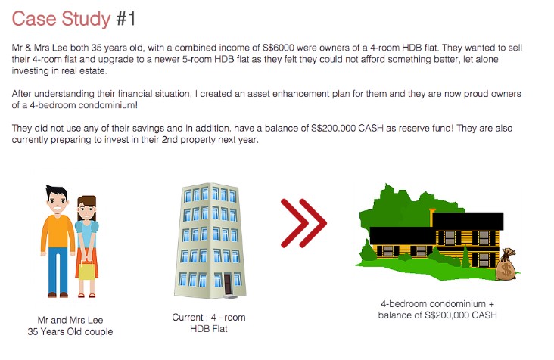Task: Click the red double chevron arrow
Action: (x=303, y=223)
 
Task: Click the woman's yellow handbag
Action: (x=87, y=270)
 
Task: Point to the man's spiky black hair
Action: (x=56, y=192)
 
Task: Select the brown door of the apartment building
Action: (x=227, y=284)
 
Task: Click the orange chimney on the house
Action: (x=431, y=217)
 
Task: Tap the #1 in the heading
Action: (x=126, y=19)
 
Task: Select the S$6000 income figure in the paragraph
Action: (x=279, y=48)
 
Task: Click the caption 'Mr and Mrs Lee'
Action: (x=70, y=320)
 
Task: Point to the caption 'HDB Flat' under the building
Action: (x=209, y=329)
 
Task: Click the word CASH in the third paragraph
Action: (x=371, y=128)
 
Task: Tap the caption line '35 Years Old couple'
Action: (x=70, y=332)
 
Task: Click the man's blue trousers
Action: (x=58, y=271)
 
